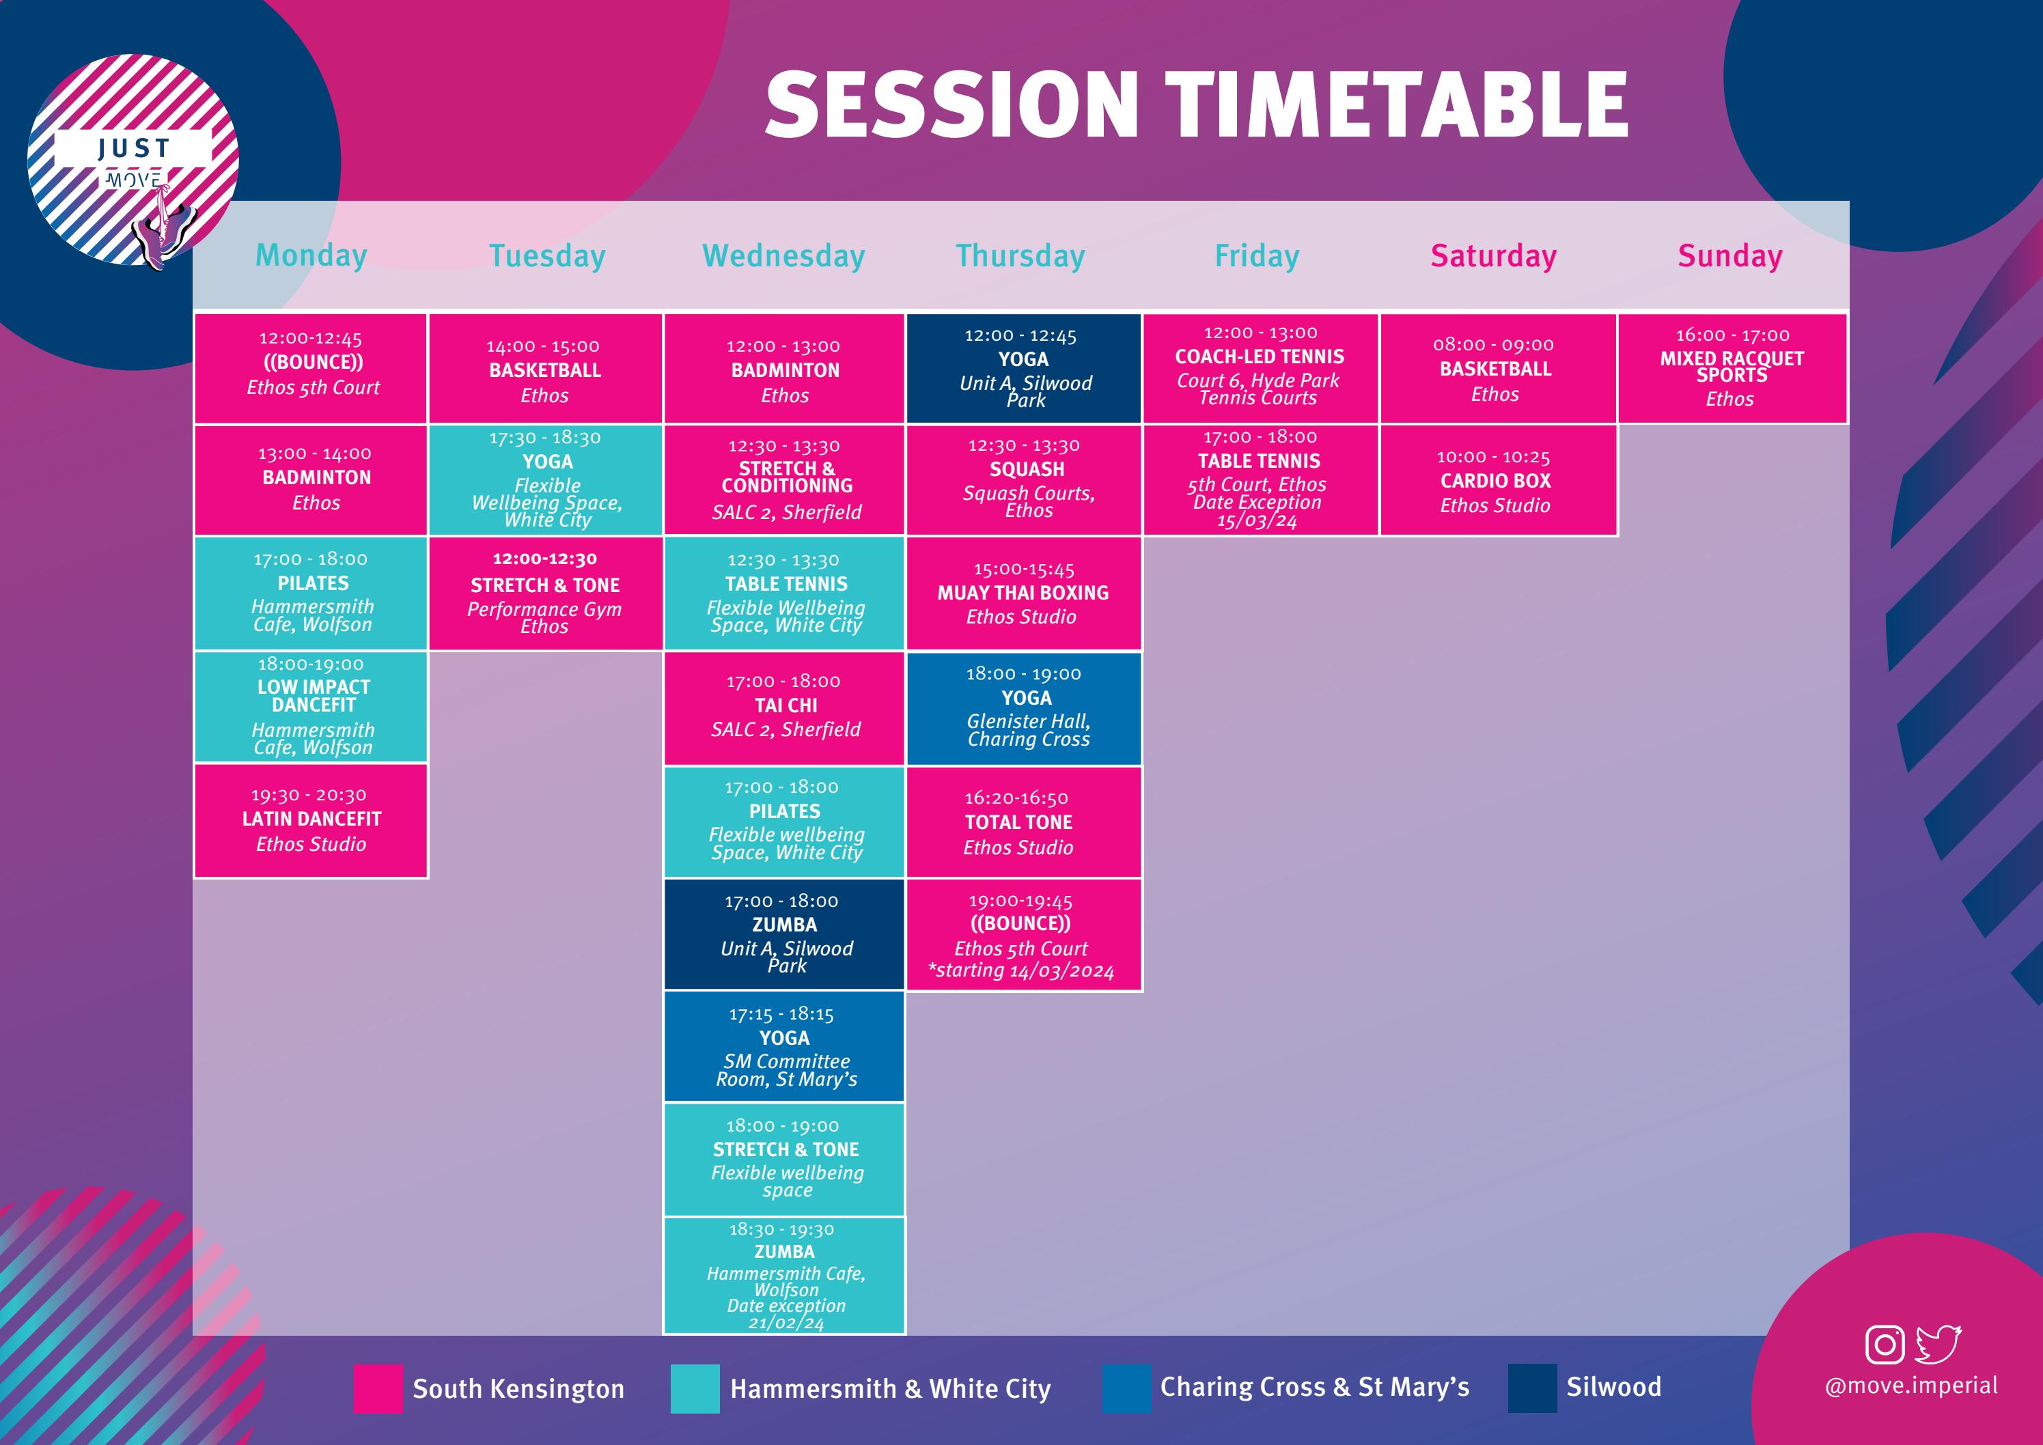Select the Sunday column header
pyautogui.click(x=1729, y=255)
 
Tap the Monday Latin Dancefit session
pyautogui.click(x=311, y=820)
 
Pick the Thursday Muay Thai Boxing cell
pyautogui.click(x=1023, y=593)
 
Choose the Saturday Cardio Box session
pyautogui.click(x=1496, y=481)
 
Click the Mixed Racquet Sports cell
pyautogui.click(x=1732, y=367)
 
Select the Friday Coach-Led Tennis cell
pyautogui.click(x=1259, y=367)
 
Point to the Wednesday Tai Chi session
pyautogui.click(x=784, y=707)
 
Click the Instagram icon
pyautogui.click(x=1884, y=1345)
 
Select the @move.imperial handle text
pyautogui.click(x=1910, y=1386)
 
